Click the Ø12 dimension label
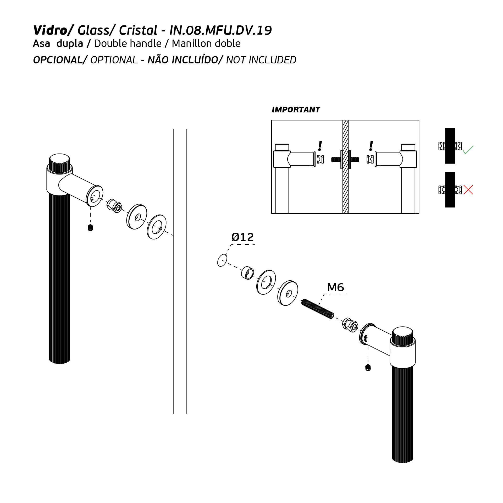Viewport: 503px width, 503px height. [x=243, y=237]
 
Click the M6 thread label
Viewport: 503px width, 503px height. [x=335, y=287]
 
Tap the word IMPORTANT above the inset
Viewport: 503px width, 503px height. [x=296, y=110]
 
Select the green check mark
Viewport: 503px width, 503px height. [x=468, y=150]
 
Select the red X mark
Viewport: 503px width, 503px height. [x=468, y=189]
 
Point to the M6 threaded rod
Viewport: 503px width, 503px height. [x=318, y=309]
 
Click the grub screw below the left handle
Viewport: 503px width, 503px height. [x=90, y=228]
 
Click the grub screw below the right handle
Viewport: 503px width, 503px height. [x=368, y=368]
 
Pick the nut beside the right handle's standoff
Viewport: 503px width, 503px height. [x=350, y=325]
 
